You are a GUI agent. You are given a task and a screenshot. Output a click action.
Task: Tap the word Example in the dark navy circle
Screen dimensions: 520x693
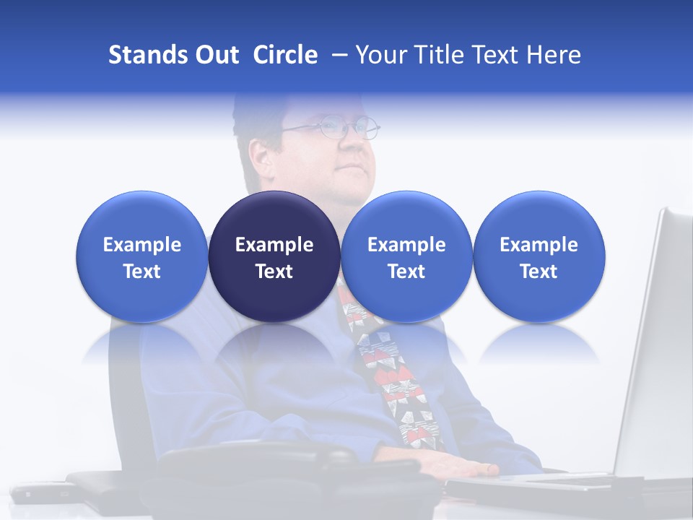click(x=274, y=245)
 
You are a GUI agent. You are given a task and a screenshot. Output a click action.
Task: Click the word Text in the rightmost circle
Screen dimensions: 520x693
click(x=539, y=272)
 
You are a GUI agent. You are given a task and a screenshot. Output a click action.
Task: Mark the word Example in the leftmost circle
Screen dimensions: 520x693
click(x=141, y=245)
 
